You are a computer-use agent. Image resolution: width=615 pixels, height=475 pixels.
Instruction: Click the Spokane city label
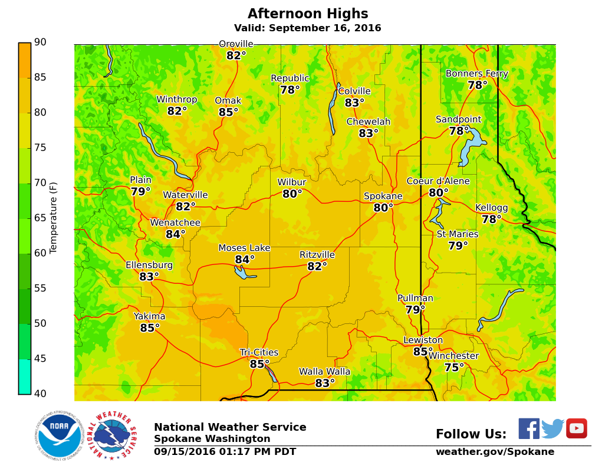click(383, 196)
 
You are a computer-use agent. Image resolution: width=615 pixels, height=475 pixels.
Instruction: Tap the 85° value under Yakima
click(150, 328)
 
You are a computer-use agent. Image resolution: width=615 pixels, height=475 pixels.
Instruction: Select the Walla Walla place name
click(324, 372)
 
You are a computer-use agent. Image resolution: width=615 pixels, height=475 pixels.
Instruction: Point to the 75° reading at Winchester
click(454, 368)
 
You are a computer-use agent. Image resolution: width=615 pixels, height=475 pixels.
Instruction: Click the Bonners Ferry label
click(476, 74)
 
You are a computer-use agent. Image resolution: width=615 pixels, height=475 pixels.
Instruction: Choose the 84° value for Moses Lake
click(245, 260)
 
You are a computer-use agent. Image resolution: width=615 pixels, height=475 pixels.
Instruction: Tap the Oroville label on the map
click(236, 44)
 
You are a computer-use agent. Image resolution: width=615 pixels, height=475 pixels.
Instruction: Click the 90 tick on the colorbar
click(40, 42)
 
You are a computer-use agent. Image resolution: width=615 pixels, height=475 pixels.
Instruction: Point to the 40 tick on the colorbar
click(40, 394)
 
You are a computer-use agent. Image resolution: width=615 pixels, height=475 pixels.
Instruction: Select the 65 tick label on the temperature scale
click(40, 218)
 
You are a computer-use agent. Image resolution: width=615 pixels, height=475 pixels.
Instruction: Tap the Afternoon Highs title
click(308, 14)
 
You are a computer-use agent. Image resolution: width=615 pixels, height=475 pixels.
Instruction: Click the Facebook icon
click(529, 428)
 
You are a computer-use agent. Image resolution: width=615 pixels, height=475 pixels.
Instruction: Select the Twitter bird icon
click(552, 428)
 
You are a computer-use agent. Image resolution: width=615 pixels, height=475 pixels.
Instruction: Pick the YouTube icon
click(576, 428)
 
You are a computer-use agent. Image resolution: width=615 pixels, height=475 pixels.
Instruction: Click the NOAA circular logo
click(58, 435)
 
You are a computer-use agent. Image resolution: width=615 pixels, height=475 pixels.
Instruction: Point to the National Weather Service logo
click(112, 435)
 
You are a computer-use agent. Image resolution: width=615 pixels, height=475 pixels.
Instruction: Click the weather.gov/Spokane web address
click(495, 452)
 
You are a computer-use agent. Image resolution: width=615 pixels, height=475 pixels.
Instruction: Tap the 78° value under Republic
click(290, 90)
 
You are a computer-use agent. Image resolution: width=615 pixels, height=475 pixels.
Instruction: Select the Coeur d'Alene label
click(438, 181)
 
